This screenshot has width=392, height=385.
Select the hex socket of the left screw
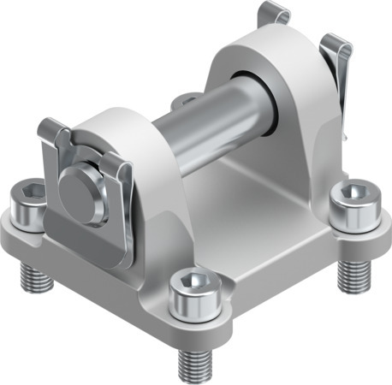pyautogui.click(x=29, y=190)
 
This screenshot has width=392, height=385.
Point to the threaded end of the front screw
pyautogui.click(x=193, y=359)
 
